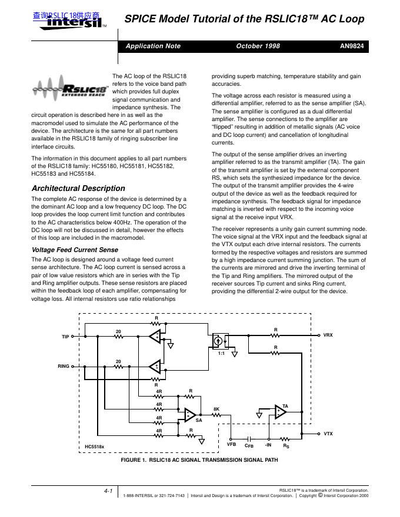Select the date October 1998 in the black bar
[x=258, y=46]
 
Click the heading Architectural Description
[x=78, y=189]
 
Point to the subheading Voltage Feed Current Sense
[x=74, y=250]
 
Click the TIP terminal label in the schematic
[x=65, y=337]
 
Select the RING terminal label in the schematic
[x=64, y=366]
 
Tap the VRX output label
[x=328, y=335]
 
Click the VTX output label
[x=328, y=434]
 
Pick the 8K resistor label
[x=216, y=408]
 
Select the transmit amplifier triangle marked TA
[x=280, y=411]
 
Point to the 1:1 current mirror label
[x=221, y=354]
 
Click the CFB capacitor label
[x=249, y=446]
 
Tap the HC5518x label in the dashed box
[x=95, y=446]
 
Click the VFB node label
[x=232, y=445]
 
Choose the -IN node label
[x=268, y=445]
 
